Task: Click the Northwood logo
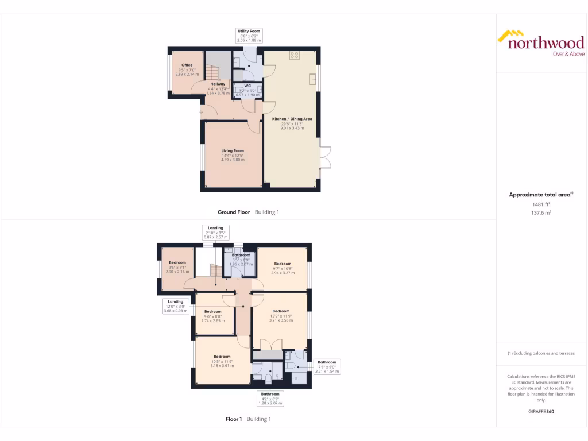[540, 44]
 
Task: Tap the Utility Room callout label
[249, 36]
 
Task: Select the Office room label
[187, 69]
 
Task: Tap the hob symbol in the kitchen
[295, 55]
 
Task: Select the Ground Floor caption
[248, 212]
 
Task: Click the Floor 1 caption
[248, 419]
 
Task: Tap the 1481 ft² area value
[540, 204]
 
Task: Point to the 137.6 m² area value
[540, 212]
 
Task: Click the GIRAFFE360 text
[540, 411]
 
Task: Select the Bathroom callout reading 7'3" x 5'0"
[327, 366]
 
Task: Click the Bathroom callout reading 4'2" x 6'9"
[269, 399]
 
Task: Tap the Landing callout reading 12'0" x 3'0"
[176, 305]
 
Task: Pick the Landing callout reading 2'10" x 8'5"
[215, 232]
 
